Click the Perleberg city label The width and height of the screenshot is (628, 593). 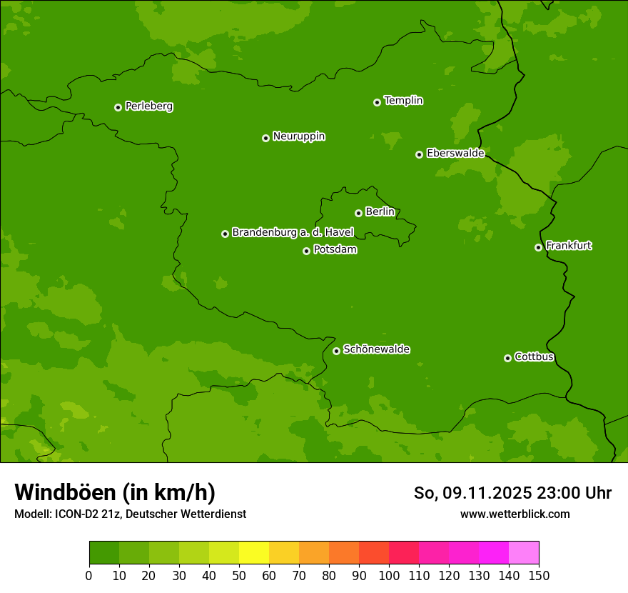149,106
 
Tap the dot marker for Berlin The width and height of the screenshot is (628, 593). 358,213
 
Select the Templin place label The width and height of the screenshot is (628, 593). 404,101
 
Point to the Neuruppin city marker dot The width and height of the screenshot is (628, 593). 265,138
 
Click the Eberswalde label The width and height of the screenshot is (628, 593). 455,154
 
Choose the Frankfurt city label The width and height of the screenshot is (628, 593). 569,246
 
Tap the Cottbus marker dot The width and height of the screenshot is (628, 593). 507,358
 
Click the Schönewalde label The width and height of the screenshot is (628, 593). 377,349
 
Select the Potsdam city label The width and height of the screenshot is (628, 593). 335,250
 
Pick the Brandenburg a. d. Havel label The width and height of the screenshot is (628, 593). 293,233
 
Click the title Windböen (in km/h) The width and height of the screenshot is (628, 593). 115,492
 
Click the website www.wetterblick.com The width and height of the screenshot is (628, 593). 515,514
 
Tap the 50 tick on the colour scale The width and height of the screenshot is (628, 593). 239,575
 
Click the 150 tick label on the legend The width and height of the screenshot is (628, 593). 539,575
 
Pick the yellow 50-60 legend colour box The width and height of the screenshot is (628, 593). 254,553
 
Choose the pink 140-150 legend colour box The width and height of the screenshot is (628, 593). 524,553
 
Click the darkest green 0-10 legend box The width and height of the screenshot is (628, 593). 104,553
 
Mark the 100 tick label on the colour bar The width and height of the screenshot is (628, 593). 389,575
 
